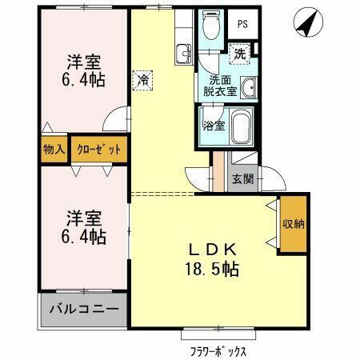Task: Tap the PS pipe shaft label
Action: [242, 24]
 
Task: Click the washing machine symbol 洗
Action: [240, 54]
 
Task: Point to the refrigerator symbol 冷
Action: [142, 80]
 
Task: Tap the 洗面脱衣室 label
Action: [218, 86]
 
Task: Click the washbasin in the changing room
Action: [248, 87]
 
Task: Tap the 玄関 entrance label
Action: [242, 178]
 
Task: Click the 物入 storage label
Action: [54, 149]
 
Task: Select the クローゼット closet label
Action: [99, 149]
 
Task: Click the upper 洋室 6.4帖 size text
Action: [83, 78]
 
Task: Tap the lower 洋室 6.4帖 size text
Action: [84, 235]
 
